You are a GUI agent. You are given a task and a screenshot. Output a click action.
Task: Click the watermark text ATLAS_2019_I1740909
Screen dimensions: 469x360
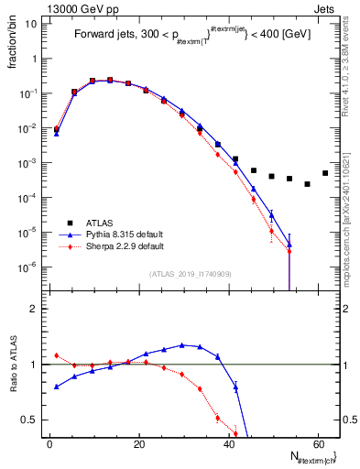(191, 274)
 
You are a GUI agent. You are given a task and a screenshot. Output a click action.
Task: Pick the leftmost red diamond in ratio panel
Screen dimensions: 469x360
(57, 355)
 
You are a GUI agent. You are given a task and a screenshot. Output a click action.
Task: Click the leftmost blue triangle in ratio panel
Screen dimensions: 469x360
(57, 387)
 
